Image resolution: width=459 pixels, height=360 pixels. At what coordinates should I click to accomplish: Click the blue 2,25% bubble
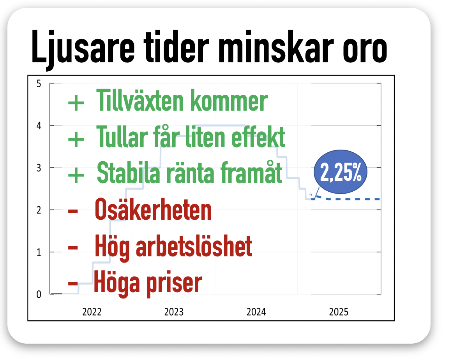point(341,172)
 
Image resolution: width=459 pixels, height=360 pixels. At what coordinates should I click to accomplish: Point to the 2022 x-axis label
point(92,312)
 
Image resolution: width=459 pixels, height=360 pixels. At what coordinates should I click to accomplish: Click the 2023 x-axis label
point(174,312)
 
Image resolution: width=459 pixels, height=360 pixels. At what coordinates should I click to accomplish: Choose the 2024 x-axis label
point(256,312)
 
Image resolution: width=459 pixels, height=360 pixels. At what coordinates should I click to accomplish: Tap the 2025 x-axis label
point(339,312)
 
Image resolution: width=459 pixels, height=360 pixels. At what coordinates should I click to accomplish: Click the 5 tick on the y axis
point(39,84)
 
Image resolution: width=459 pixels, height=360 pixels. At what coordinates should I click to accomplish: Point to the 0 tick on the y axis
point(39,295)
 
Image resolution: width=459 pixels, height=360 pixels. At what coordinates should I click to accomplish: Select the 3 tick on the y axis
point(39,168)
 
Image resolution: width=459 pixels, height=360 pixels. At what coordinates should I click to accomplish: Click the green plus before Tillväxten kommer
point(76,103)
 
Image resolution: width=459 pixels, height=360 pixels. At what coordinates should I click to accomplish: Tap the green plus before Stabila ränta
point(76,175)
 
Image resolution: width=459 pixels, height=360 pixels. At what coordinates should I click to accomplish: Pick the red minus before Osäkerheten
point(73,211)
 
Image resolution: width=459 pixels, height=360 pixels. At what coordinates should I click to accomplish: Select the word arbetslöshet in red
point(194,247)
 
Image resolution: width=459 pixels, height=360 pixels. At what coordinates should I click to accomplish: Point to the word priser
point(174,284)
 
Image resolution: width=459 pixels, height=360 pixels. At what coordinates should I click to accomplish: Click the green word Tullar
point(122,137)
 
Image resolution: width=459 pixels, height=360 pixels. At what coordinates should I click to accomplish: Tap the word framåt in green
point(251,172)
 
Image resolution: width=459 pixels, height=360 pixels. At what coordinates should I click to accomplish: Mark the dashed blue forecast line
point(346,199)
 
